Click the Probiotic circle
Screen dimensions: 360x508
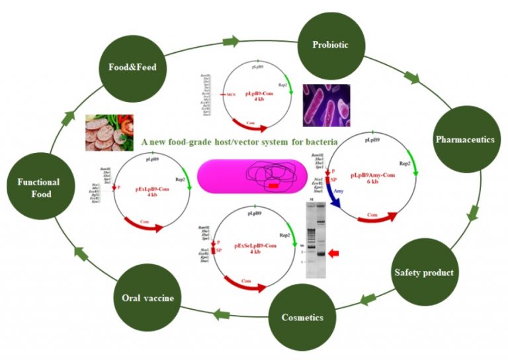331,46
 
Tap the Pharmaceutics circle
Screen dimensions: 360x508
464,140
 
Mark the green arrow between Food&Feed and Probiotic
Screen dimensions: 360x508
230,42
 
